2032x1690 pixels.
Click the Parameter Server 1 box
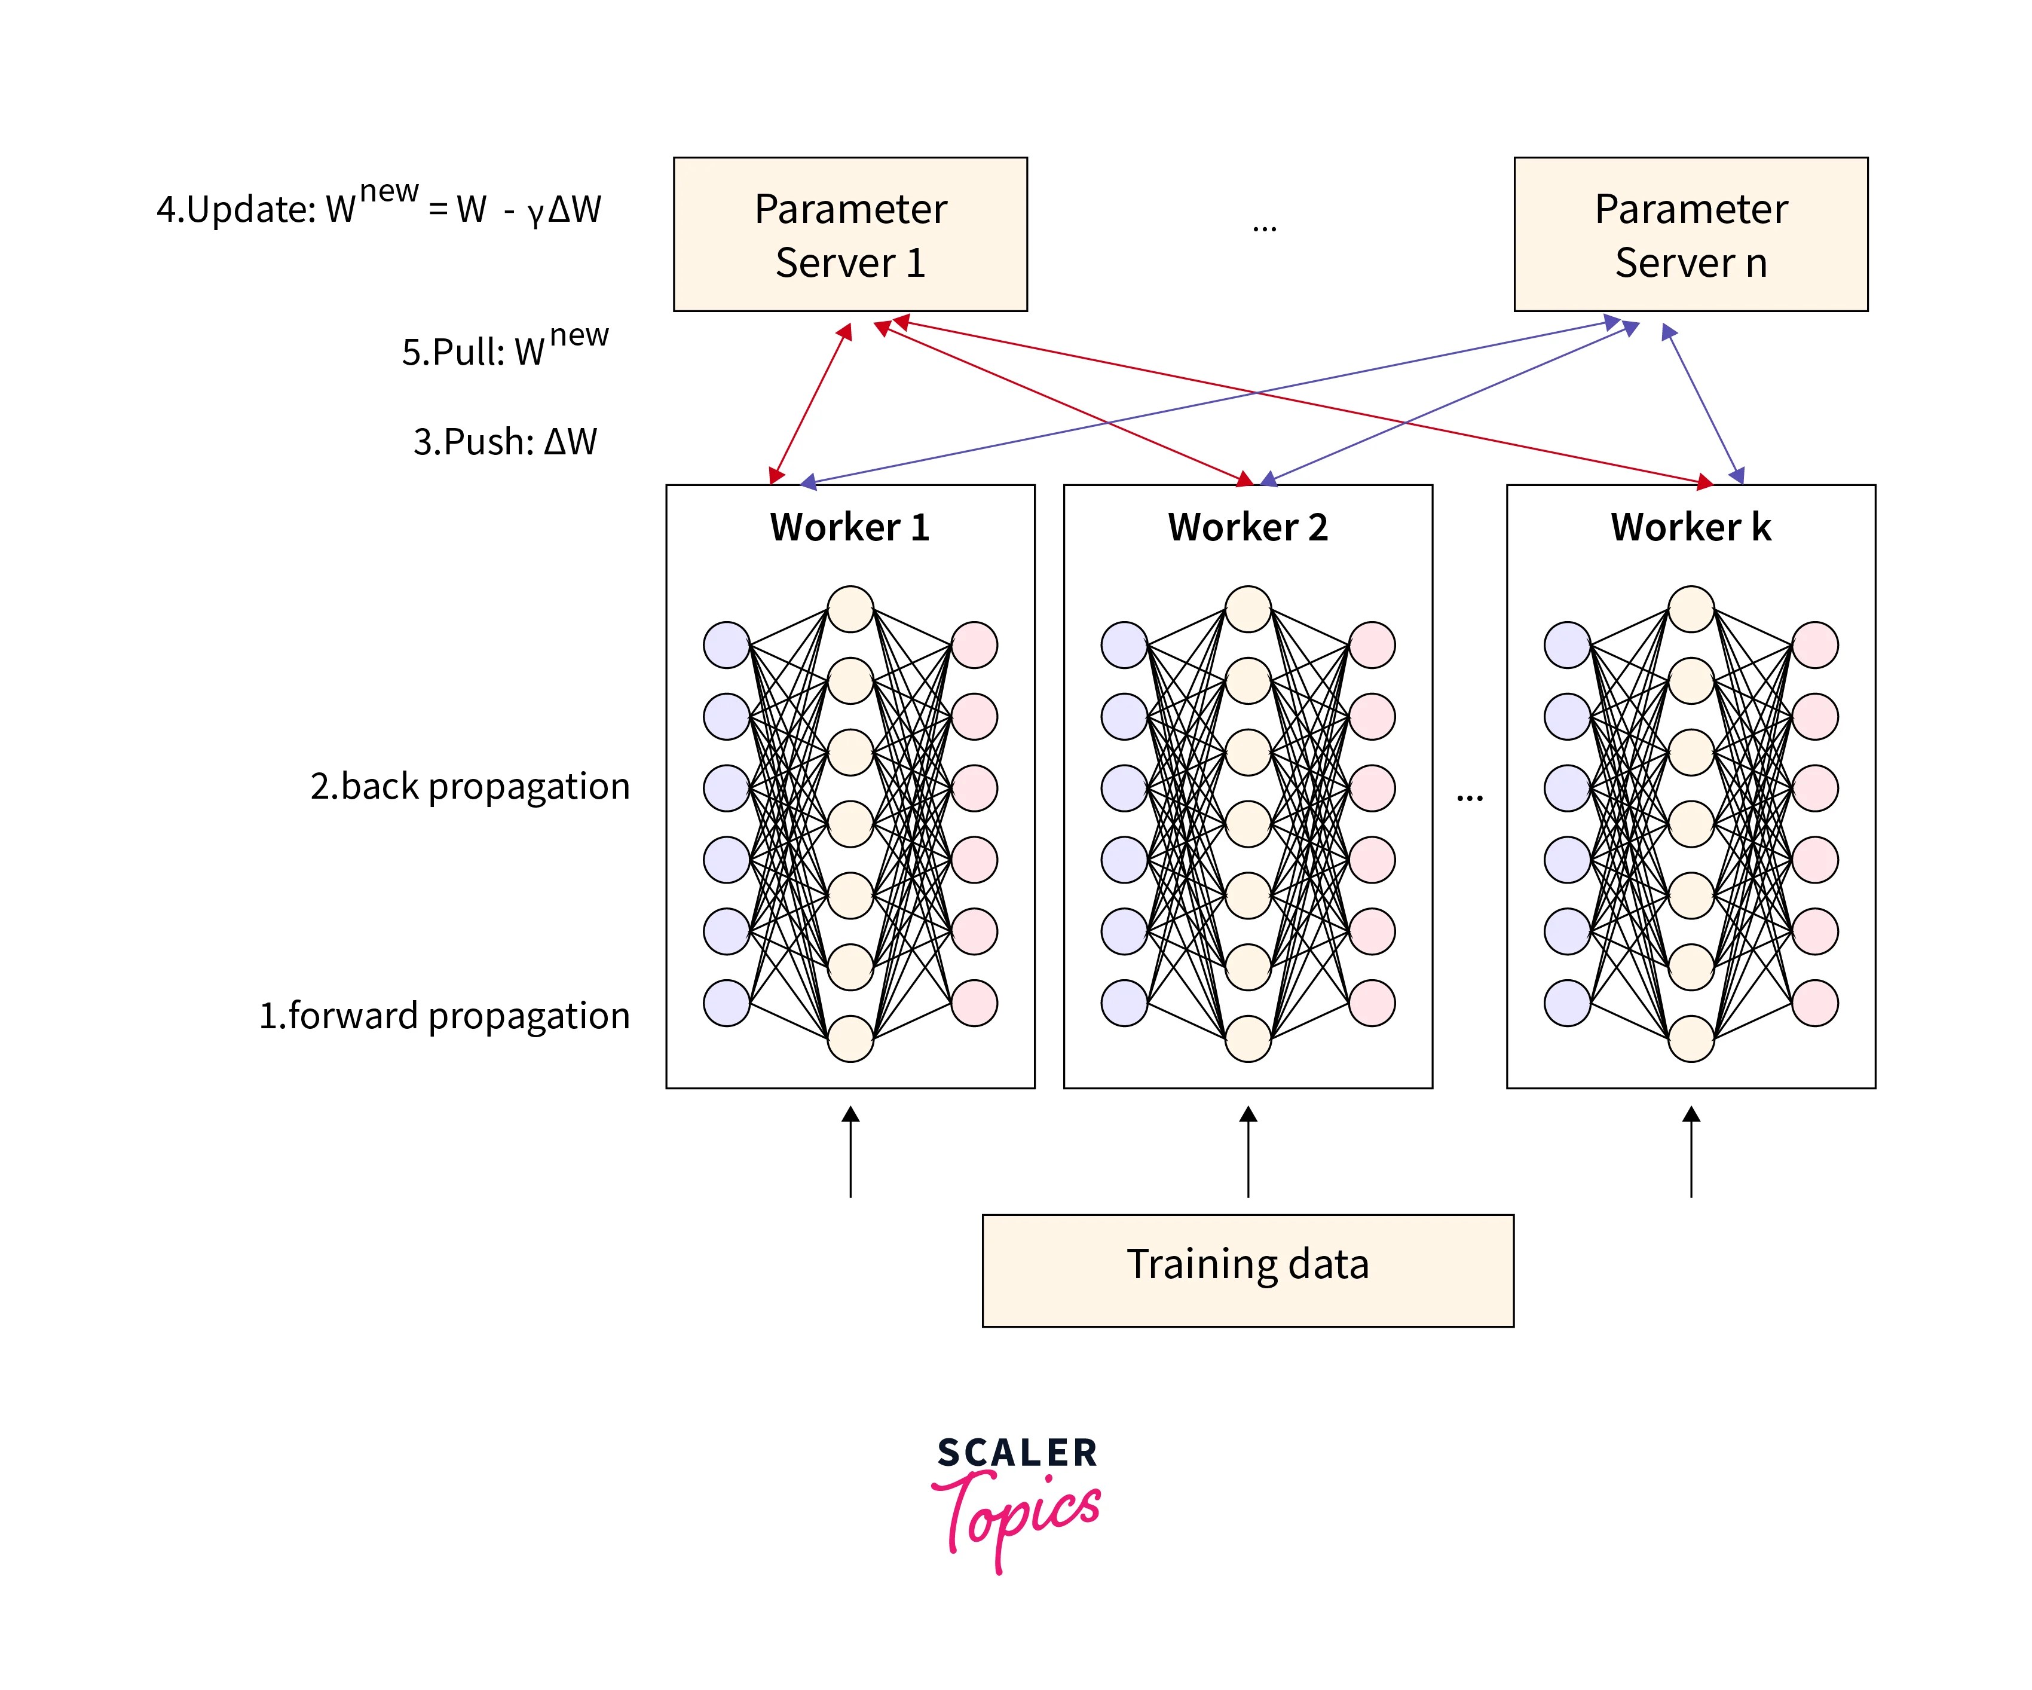coord(850,234)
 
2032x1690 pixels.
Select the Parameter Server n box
coord(1690,234)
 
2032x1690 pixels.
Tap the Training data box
coord(1247,1270)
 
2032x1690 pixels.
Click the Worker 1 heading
coord(850,527)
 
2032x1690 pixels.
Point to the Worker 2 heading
coord(1247,527)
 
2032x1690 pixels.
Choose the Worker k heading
coord(1690,527)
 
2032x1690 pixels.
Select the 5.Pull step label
coord(505,349)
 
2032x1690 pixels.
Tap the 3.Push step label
coord(505,441)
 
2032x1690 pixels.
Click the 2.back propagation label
coord(470,786)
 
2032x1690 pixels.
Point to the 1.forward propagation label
coord(444,1015)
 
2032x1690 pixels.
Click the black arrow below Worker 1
coord(850,1152)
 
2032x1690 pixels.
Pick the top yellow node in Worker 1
coord(850,609)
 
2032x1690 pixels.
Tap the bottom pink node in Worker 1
coord(974,1003)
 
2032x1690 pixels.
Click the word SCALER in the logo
coord(1017,1453)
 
